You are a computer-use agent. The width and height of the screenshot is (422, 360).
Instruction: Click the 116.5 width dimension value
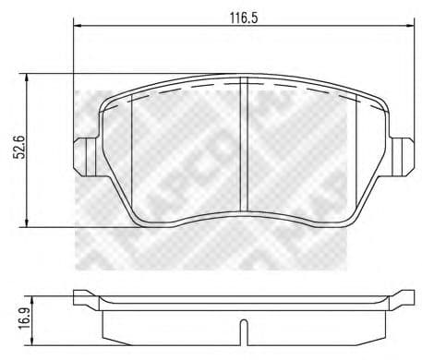241,16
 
